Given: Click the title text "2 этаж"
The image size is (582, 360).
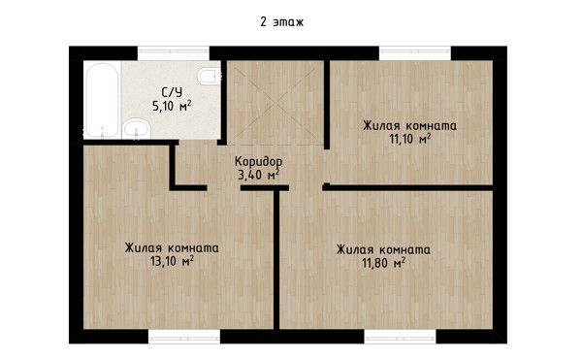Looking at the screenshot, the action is click(281, 22).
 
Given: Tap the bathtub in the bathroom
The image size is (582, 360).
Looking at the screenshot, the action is click(103, 100).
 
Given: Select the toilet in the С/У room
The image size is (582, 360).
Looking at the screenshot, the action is click(209, 76).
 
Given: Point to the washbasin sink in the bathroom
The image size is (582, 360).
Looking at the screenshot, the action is click(137, 129).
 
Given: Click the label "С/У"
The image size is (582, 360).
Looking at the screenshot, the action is click(172, 91).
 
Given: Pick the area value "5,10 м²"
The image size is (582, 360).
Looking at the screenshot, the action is click(172, 106).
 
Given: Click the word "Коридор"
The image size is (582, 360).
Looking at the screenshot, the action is click(258, 162).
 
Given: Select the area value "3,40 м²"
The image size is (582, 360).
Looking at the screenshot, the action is click(258, 174).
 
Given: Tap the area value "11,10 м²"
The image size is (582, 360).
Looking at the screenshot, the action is click(409, 139).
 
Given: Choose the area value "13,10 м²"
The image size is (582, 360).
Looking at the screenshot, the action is click(172, 261).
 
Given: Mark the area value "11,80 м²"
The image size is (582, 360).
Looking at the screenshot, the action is click(383, 263).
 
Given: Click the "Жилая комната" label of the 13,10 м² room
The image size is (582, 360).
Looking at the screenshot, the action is click(172, 247).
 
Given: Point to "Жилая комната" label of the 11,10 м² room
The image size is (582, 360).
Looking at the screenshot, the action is click(409, 125).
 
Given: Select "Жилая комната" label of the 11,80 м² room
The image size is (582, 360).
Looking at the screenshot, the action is click(383, 249).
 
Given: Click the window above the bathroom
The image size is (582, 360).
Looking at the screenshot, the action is click(174, 53).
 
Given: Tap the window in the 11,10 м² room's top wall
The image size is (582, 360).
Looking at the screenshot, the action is click(415, 53).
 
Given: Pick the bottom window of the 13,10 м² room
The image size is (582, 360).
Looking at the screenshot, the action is click(184, 337).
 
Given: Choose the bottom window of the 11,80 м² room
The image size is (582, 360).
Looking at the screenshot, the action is click(400, 337).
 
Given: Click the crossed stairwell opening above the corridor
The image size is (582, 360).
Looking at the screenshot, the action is click(275, 103).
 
